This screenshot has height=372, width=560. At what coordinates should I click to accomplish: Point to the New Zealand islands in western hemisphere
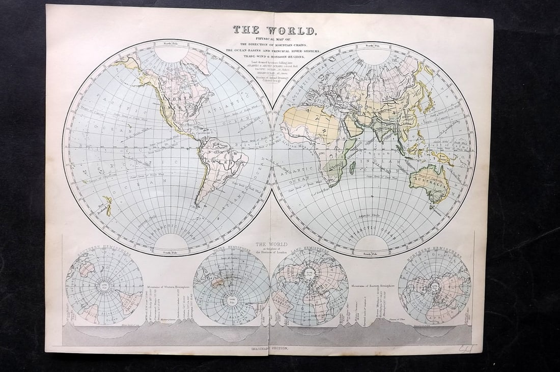[107, 206]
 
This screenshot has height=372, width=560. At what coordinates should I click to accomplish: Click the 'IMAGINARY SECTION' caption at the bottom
[270, 348]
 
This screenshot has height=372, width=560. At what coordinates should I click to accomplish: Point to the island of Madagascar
[352, 167]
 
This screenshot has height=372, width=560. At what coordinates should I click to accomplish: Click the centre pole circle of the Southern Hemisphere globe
[104, 287]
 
